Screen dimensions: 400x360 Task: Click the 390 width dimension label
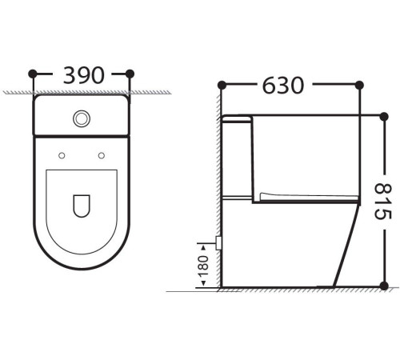[x=83, y=75]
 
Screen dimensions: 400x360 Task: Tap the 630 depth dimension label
[x=283, y=86]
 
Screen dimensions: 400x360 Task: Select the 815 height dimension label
[x=383, y=202]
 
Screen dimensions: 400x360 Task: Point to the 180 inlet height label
[x=203, y=266]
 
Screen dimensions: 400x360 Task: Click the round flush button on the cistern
[x=82, y=119]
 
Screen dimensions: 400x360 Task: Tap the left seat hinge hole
[x=62, y=155]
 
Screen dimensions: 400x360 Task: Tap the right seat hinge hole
[x=102, y=155]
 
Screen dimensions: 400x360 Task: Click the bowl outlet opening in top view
[x=82, y=206]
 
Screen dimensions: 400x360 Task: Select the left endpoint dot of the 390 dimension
[x=33, y=74]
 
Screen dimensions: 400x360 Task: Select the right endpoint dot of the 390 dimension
[x=130, y=74]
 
